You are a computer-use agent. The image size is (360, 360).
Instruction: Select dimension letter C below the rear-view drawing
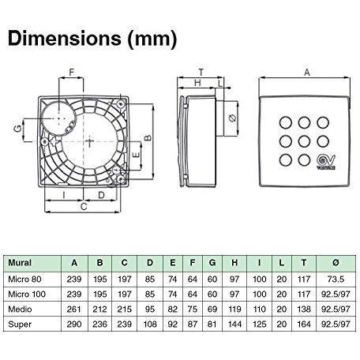pyautogui.click(x=84, y=207)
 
